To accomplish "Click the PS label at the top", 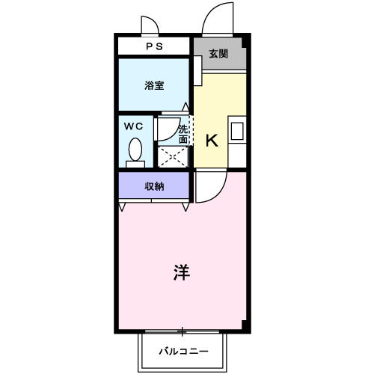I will pos(154,46).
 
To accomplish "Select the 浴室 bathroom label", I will pos(154,86).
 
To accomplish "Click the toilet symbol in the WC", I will pos(135,152).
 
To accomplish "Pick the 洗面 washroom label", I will pos(183,133).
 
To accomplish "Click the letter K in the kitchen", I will pos(212,140).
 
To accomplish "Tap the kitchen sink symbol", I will pos(238,132).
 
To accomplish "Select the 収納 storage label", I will pos(154,186).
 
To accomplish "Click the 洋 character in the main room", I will pos(182,272).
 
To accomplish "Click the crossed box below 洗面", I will pos(172,157).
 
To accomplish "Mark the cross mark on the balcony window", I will pos(182,330).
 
